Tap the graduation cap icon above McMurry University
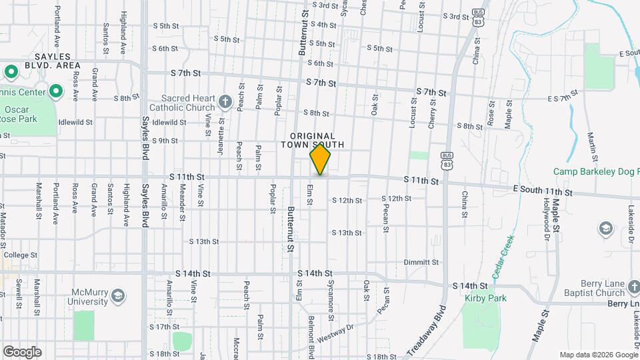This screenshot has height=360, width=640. (117, 295)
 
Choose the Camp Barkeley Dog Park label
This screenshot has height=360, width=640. (595, 172)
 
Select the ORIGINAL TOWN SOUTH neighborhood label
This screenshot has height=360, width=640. (312, 140)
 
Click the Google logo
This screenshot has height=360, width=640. (22, 351)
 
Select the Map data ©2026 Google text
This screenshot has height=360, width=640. (597, 355)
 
